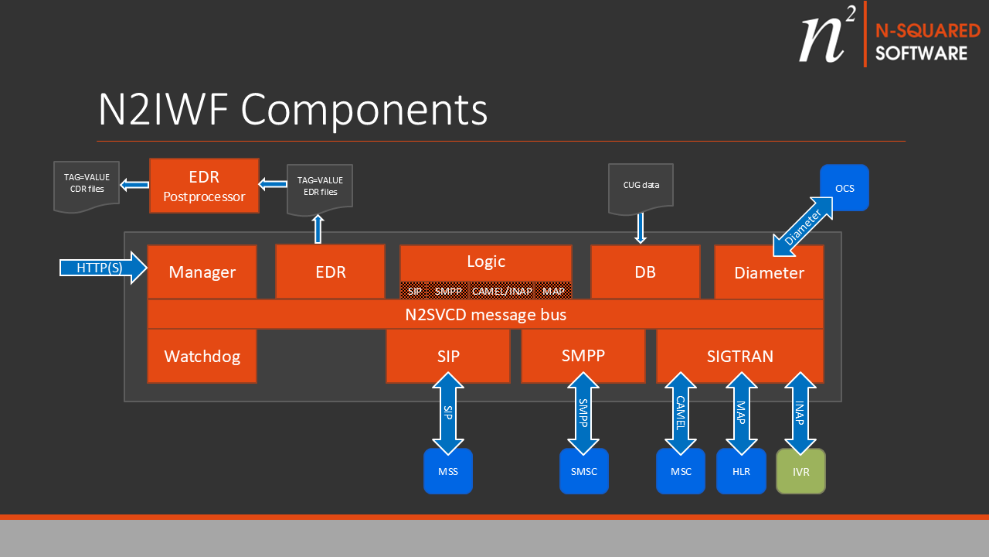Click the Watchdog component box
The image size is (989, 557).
click(x=202, y=356)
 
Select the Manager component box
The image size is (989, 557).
click(x=202, y=272)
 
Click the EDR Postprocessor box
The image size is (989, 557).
click(x=204, y=186)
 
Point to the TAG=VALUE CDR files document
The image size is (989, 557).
click(x=86, y=184)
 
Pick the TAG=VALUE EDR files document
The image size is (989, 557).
click(x=319, y=187)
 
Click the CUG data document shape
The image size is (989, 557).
click(x=641, y=186)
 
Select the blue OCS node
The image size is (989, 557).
click(x=845, y=187)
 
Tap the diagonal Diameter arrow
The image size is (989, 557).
click(x=804, y=225)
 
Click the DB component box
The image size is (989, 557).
click(x=645, y=272)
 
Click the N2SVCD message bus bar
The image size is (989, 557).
click(x=485, y=315)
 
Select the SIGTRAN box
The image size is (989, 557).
click(x=739, y=356)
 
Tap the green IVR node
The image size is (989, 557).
click(x=800, y=471)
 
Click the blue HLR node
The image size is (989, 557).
click(x=741, y=471)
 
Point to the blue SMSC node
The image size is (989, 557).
click(x=584, y=471)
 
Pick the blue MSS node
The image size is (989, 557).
click(x=447, y=471)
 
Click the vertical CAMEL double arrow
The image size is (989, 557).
click(x=681, y=413)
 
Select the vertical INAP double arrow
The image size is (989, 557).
click(x=800, y=413)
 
